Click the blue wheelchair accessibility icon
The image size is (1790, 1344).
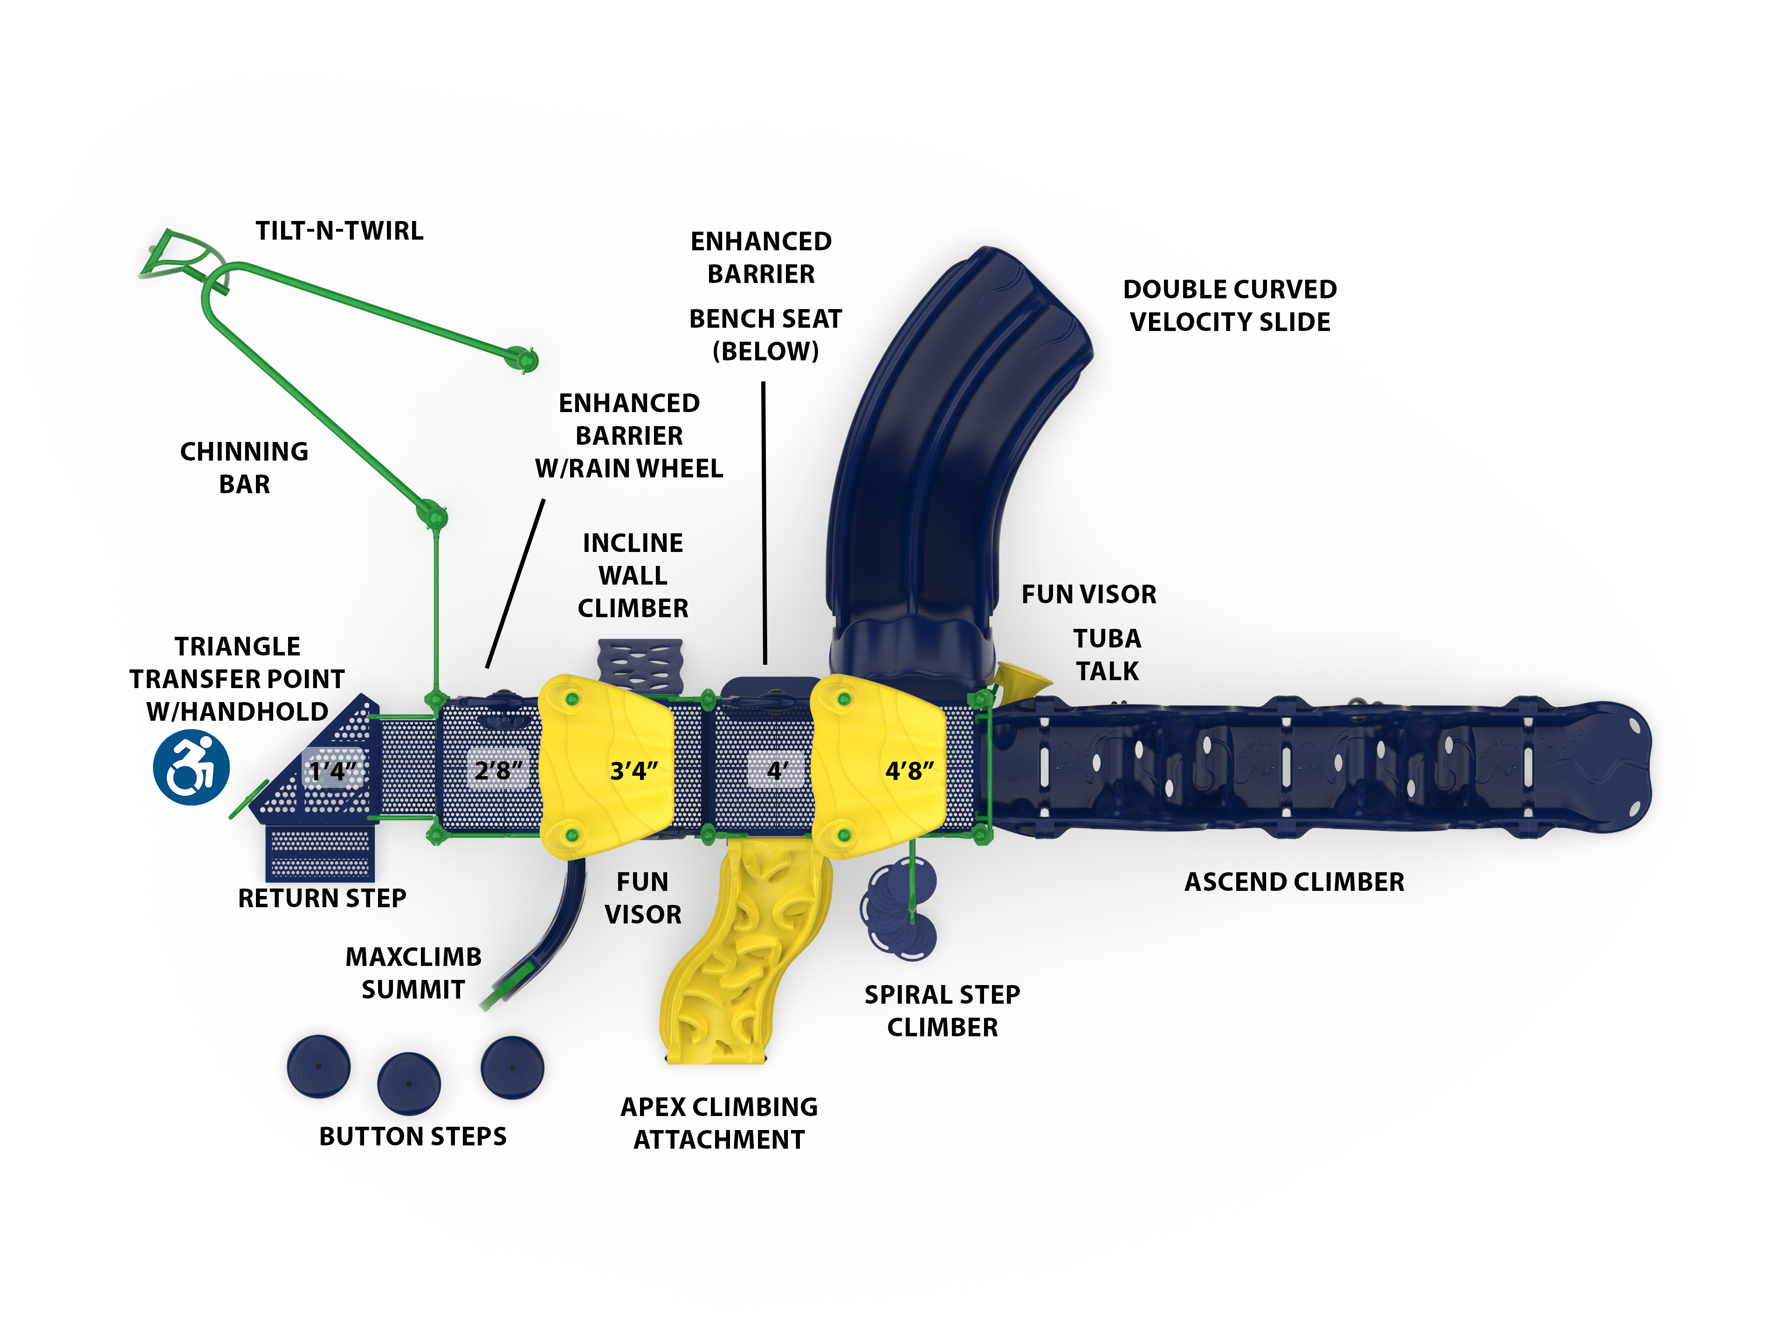191,768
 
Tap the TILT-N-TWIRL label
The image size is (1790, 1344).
339,231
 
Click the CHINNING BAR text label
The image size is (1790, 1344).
244,468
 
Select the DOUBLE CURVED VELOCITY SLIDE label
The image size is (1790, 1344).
1229,306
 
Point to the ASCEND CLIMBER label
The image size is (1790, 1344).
1294,882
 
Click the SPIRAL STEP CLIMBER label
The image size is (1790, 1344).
942,1011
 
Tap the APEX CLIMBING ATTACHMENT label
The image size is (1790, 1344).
719,1123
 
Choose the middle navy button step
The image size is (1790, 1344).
409,1082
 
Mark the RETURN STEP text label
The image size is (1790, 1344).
322,898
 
